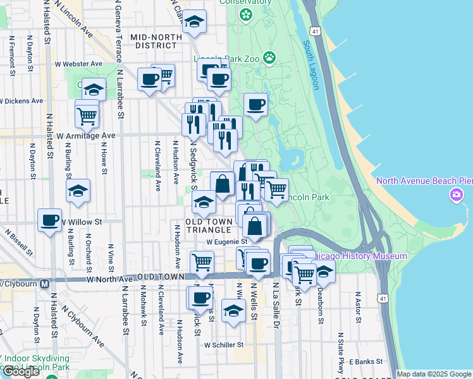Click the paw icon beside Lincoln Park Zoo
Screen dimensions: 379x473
click(270, 58)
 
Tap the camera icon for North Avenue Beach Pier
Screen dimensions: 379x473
click(456, 195)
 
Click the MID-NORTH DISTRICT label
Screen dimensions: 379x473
click(153, 42)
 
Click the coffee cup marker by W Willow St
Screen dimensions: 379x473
click(50, 221)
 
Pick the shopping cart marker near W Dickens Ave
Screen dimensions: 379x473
click(87, 115)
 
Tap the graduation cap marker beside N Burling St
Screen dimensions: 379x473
click(78, 192)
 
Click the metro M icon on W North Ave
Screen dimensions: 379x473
click(44, 284)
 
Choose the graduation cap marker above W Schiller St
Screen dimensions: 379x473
click(233, 311)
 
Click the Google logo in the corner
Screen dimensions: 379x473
click(21, 371)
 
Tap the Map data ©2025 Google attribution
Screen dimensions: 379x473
click(434, 374)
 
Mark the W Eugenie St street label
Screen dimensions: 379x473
click(226, 241)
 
